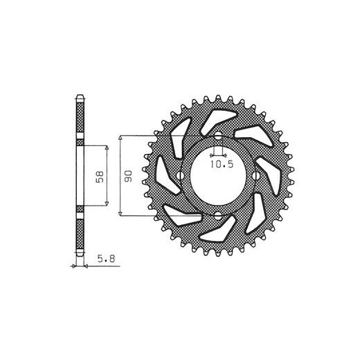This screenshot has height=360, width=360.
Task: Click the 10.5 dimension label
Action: pyautogui.click(x=222, y=164)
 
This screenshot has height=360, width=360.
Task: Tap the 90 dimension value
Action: pyautogui.click(x=128, y=176)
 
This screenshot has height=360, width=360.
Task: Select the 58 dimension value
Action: pyautogui.click(x=100, y=177)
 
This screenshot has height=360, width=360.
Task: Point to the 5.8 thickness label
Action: pyautogui.click(x=106, y=259)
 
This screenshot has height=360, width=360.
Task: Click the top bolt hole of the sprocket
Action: pyautogui.click(x=218, y=136)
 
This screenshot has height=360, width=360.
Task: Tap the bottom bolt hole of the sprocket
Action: pyautogui.click(x=218, y=216)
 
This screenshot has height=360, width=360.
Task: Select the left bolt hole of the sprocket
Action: pyautogui.click(x=180, y=176)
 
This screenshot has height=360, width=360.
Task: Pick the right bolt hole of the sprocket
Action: pyautogui.click(x=255, y=176)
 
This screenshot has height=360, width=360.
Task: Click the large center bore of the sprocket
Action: pyautogui.click(x=218, y=177)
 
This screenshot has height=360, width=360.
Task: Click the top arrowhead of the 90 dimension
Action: pyautogui.click(x=120, y=138)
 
